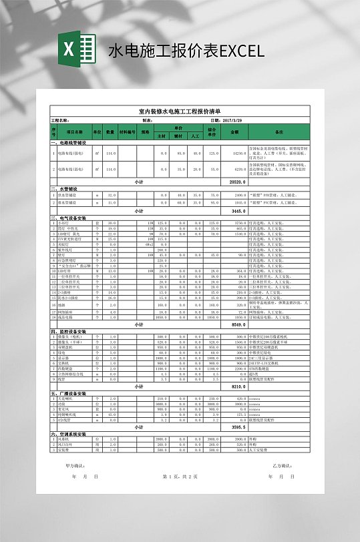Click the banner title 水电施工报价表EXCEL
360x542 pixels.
tap(186, 51)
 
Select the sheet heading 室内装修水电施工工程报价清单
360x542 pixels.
tap(179, 111)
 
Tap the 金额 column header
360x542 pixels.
tap(234, 131)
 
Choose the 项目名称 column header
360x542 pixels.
tap(74, 131)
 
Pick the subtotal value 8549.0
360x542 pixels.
tap(238, 324)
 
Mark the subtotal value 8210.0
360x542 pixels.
tap(238, 386)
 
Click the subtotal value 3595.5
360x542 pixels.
tap(238, 427)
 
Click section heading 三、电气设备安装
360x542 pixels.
tap(68, 218)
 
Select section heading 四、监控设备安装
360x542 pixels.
tap(68, 331)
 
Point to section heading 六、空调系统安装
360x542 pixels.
tap(68, 433)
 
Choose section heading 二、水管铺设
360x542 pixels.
tap(63, 189)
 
